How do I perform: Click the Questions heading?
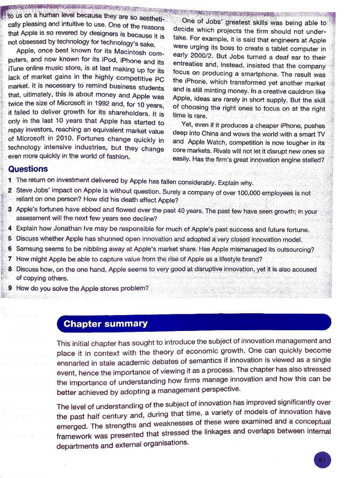[28, 169]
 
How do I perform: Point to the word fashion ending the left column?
[117, 157]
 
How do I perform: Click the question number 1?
[10, 181]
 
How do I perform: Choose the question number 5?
[10, 239]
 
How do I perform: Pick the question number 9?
[10, 288]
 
